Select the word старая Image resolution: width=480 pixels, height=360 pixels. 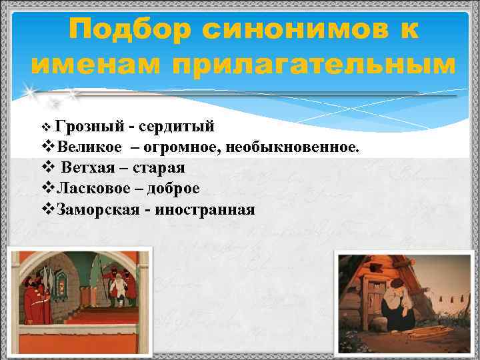click(x=159, y=167)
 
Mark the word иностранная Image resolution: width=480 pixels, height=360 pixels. click(x=205, y=210)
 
